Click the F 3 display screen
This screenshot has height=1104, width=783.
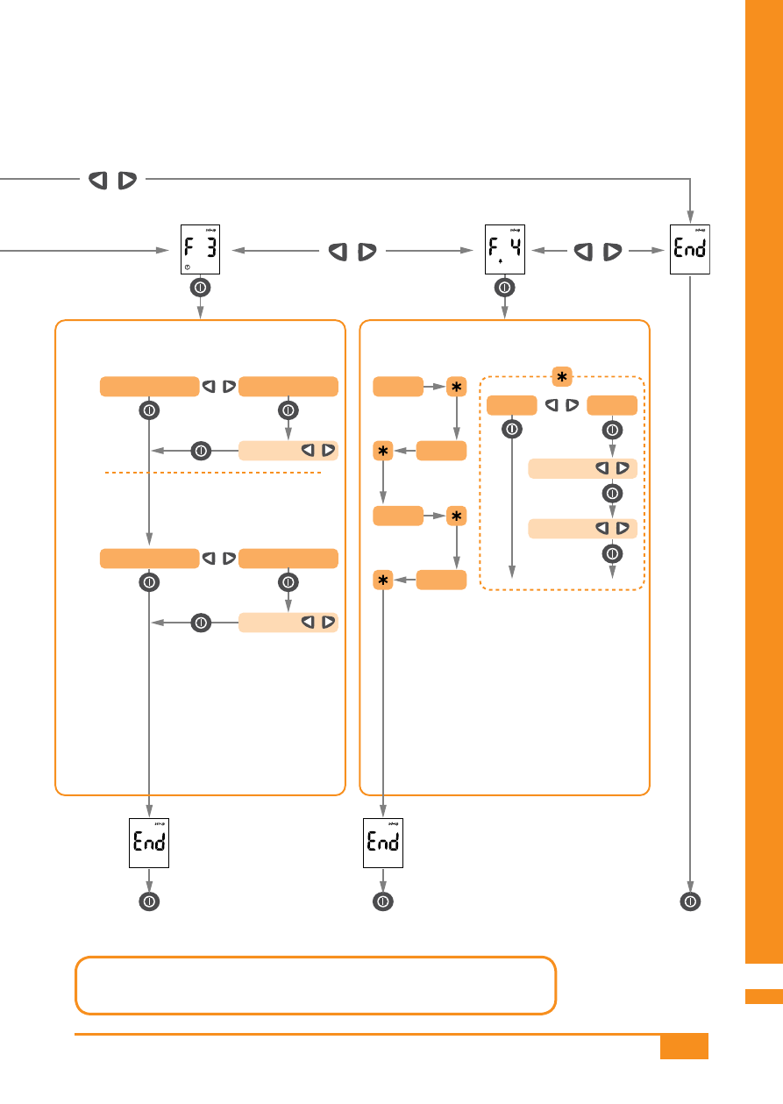coord(200,249)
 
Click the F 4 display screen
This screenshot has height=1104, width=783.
coord(504,249)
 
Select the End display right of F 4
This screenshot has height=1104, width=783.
coord(690,249)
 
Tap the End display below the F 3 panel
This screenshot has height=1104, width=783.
coord(149,843)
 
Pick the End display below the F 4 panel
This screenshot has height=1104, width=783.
coord(383,843)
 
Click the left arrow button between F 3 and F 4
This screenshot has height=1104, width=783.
coord(338,252)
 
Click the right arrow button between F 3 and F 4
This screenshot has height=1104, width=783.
coord(367,252)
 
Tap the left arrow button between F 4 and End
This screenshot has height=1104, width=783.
coord(583,252)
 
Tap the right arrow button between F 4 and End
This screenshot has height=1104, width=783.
coord(613,252)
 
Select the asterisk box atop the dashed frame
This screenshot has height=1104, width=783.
coord(562,377)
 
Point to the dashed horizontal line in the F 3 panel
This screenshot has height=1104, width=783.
coord(213,473)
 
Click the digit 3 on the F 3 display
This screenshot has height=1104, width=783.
coord(211,247)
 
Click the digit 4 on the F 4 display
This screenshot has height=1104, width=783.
coord(516,246)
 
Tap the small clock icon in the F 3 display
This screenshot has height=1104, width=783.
coord(188,267)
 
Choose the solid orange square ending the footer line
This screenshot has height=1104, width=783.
coord(684,1046)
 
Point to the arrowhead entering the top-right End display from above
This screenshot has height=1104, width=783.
coord(690,217)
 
